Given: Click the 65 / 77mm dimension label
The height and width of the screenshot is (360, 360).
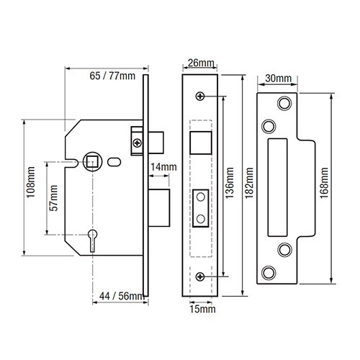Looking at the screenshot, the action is pos(112,76).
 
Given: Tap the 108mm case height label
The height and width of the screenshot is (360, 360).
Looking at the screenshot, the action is pos(31,182).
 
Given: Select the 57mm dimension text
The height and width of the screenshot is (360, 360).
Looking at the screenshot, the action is pos(53,198).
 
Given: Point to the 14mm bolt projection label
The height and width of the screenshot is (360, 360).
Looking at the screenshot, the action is pos(163,167).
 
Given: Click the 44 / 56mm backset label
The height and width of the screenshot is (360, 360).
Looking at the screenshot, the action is pos(122,296).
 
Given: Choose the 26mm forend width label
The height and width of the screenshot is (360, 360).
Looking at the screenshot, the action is pos(201,63).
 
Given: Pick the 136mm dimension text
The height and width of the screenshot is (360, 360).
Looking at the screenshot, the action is pos(230,183).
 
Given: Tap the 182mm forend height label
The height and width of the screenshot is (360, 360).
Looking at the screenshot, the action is pos(249,183).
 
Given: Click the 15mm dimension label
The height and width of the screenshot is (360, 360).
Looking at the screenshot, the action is pos(202,309).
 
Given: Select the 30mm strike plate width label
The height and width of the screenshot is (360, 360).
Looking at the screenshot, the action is pos(279,78).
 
